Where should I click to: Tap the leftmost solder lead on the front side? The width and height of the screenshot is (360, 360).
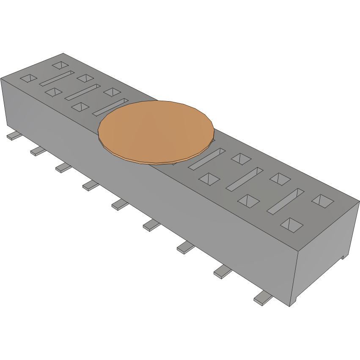click(x=14, y=136)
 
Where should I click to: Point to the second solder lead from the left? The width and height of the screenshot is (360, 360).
click(x=38, y=151)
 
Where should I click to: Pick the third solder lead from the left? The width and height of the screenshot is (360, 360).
click(x=63, y=168)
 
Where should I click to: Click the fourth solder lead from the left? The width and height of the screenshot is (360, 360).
click(x=91, y=185)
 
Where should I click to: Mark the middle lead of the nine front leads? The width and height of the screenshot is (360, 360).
click(x=120, y=205)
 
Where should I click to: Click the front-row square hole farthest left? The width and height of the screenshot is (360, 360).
click(x=29, y=78)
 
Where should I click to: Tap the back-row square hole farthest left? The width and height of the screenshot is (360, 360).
click(x=60, y=65)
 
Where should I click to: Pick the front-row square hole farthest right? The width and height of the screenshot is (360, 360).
click(x=291, y=225)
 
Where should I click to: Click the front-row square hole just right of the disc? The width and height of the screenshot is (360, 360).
click(x=209, y=179)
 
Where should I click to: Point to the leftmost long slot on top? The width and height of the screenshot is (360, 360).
click(x=57, y=79)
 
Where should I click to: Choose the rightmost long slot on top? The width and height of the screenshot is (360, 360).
click(x=286, y=201)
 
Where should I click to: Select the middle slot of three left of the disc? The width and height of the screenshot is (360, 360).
click(x=82, y=93)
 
